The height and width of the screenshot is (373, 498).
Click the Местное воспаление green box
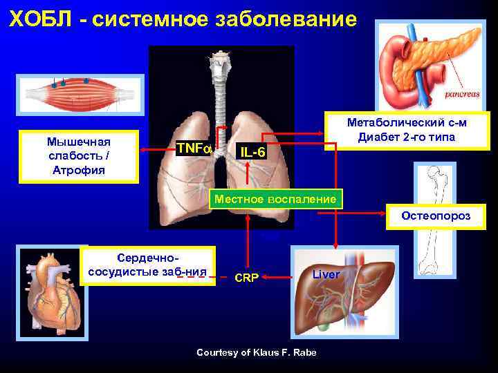pos(276,199)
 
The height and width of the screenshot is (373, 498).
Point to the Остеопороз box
pos(436,216)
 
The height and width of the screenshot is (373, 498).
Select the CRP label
pos(247,278)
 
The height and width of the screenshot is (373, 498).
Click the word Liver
pos(326,274)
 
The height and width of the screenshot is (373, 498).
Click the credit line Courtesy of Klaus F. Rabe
pos(256,352)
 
